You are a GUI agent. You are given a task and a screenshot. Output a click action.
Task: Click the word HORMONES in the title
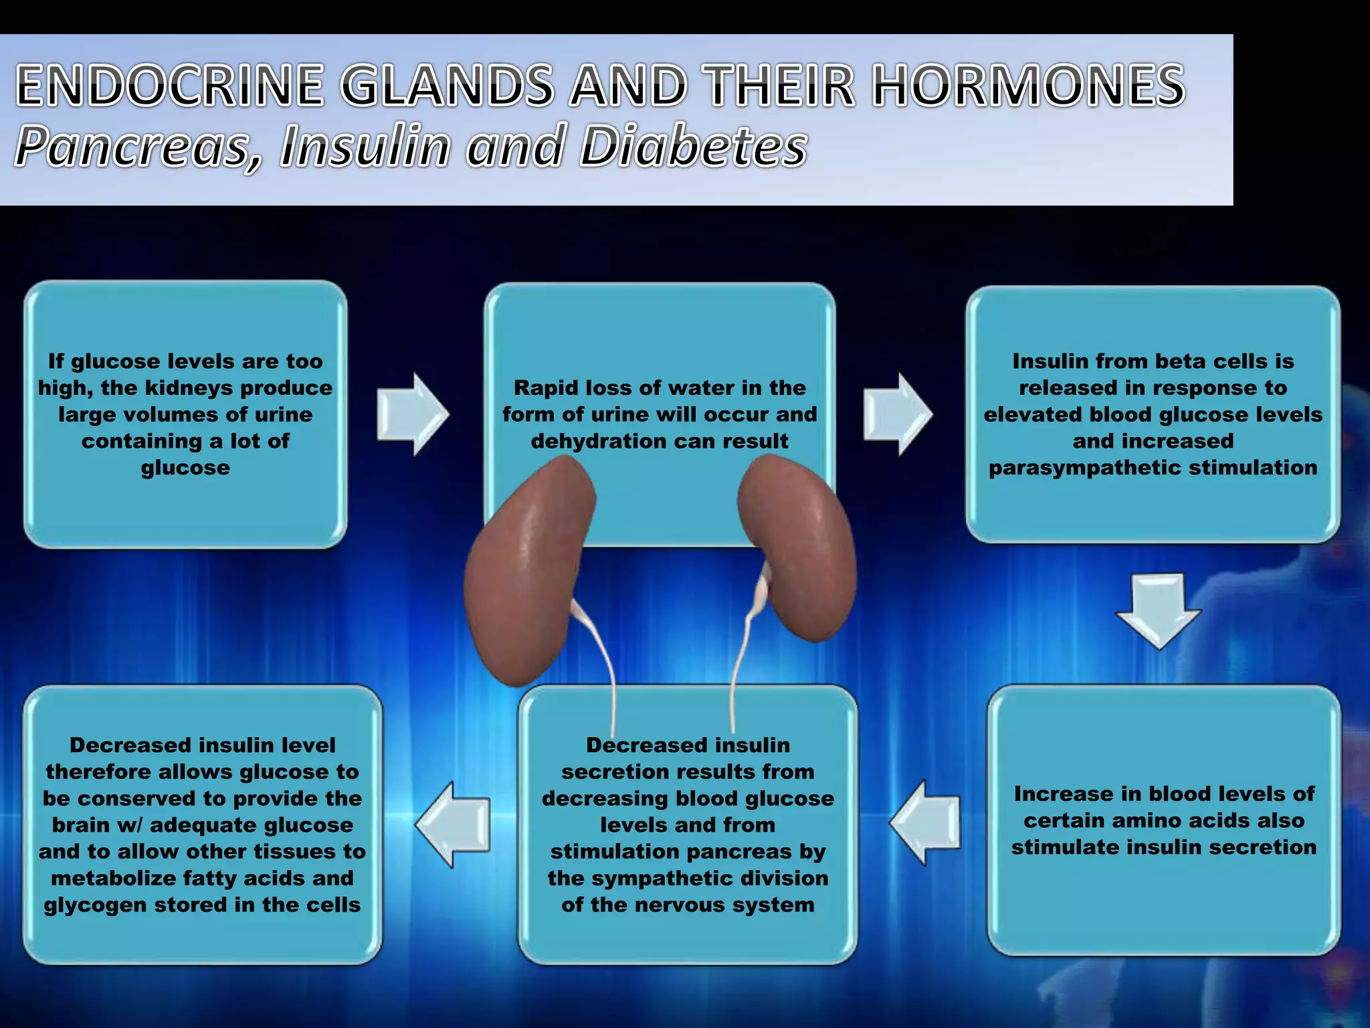pyautogui.click(x=1029, y=86)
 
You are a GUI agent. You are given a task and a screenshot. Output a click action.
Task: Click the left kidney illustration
pyautogui.click(x=528, y=569)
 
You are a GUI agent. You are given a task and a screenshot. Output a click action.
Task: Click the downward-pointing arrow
pyautogui.click(x=1159, y=610)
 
